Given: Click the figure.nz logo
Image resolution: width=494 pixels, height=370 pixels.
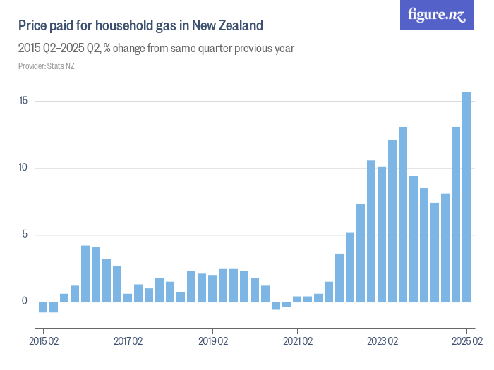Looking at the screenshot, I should tap(437, 16).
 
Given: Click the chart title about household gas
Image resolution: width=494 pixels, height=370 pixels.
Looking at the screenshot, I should tap(141, 26).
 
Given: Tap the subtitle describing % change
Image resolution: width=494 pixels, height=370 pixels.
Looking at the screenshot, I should tap(156, 49).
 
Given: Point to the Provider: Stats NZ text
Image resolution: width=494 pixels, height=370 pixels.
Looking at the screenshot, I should tap(47, 66).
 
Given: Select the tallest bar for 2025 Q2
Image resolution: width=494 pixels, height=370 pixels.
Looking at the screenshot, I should tap(466, 197).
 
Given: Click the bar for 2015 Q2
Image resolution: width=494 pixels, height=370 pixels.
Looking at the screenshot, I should tap(43, 307).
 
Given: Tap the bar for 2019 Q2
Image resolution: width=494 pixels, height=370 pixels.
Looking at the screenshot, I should tap(212, 288).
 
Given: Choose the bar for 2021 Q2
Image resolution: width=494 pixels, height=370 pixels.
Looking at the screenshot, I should tap(297, 299).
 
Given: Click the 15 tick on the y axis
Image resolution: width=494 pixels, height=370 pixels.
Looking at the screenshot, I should tap(23, 101).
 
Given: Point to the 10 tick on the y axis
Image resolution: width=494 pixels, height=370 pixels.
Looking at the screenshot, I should tap(23, 168).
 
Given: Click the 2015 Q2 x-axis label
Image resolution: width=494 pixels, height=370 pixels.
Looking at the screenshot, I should tap(43, 342).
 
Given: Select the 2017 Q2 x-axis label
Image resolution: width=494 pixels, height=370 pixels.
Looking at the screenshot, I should tap(128, 342).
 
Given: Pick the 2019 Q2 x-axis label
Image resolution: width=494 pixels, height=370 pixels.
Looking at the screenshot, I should tap(212, 342).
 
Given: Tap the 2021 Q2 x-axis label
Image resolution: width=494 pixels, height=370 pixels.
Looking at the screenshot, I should tap(297, 342).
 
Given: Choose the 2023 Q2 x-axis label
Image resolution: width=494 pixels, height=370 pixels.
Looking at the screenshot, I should tap(382, 342).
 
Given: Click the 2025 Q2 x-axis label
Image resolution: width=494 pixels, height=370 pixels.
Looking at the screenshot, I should tap(466, 342).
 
